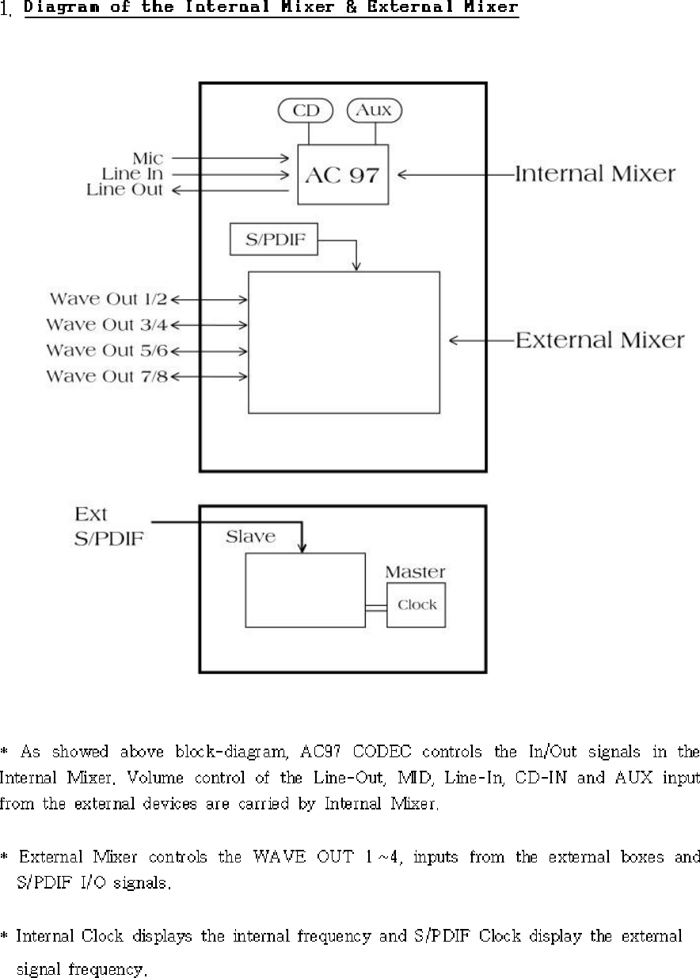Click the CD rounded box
pyautogui.click(x=306, y=111)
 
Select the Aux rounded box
pyautogui.click(x=375, y=111)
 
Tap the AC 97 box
pyautogui.click(x=343, y=175)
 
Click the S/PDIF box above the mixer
pyautogui.click(x=273, y=240)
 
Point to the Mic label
pyautogui.click(x=148, y=158)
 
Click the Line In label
pyautogui.click(x=132, y=174)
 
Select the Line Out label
pyautogui.click(x=125, y=190)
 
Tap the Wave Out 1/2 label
pyautogui.click(x=108, y=299)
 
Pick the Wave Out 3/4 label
pyautogui.click(x=108, y=324)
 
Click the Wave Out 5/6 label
pyautogui.click(x=108, y=350)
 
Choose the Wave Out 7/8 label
pyautogui.click(x=108, y=376)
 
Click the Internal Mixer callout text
pyautogui.click(x=595, y=174)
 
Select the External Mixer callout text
pyautogui.click(x=599, y=341)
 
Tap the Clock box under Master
pyautogui.click(x=417, y=605)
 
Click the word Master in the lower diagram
pyautogui.click(x=415, y=571)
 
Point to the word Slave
pyautogui.click(x=250, y=536)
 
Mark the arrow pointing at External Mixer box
pyautogui.click(x=480, y=341)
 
